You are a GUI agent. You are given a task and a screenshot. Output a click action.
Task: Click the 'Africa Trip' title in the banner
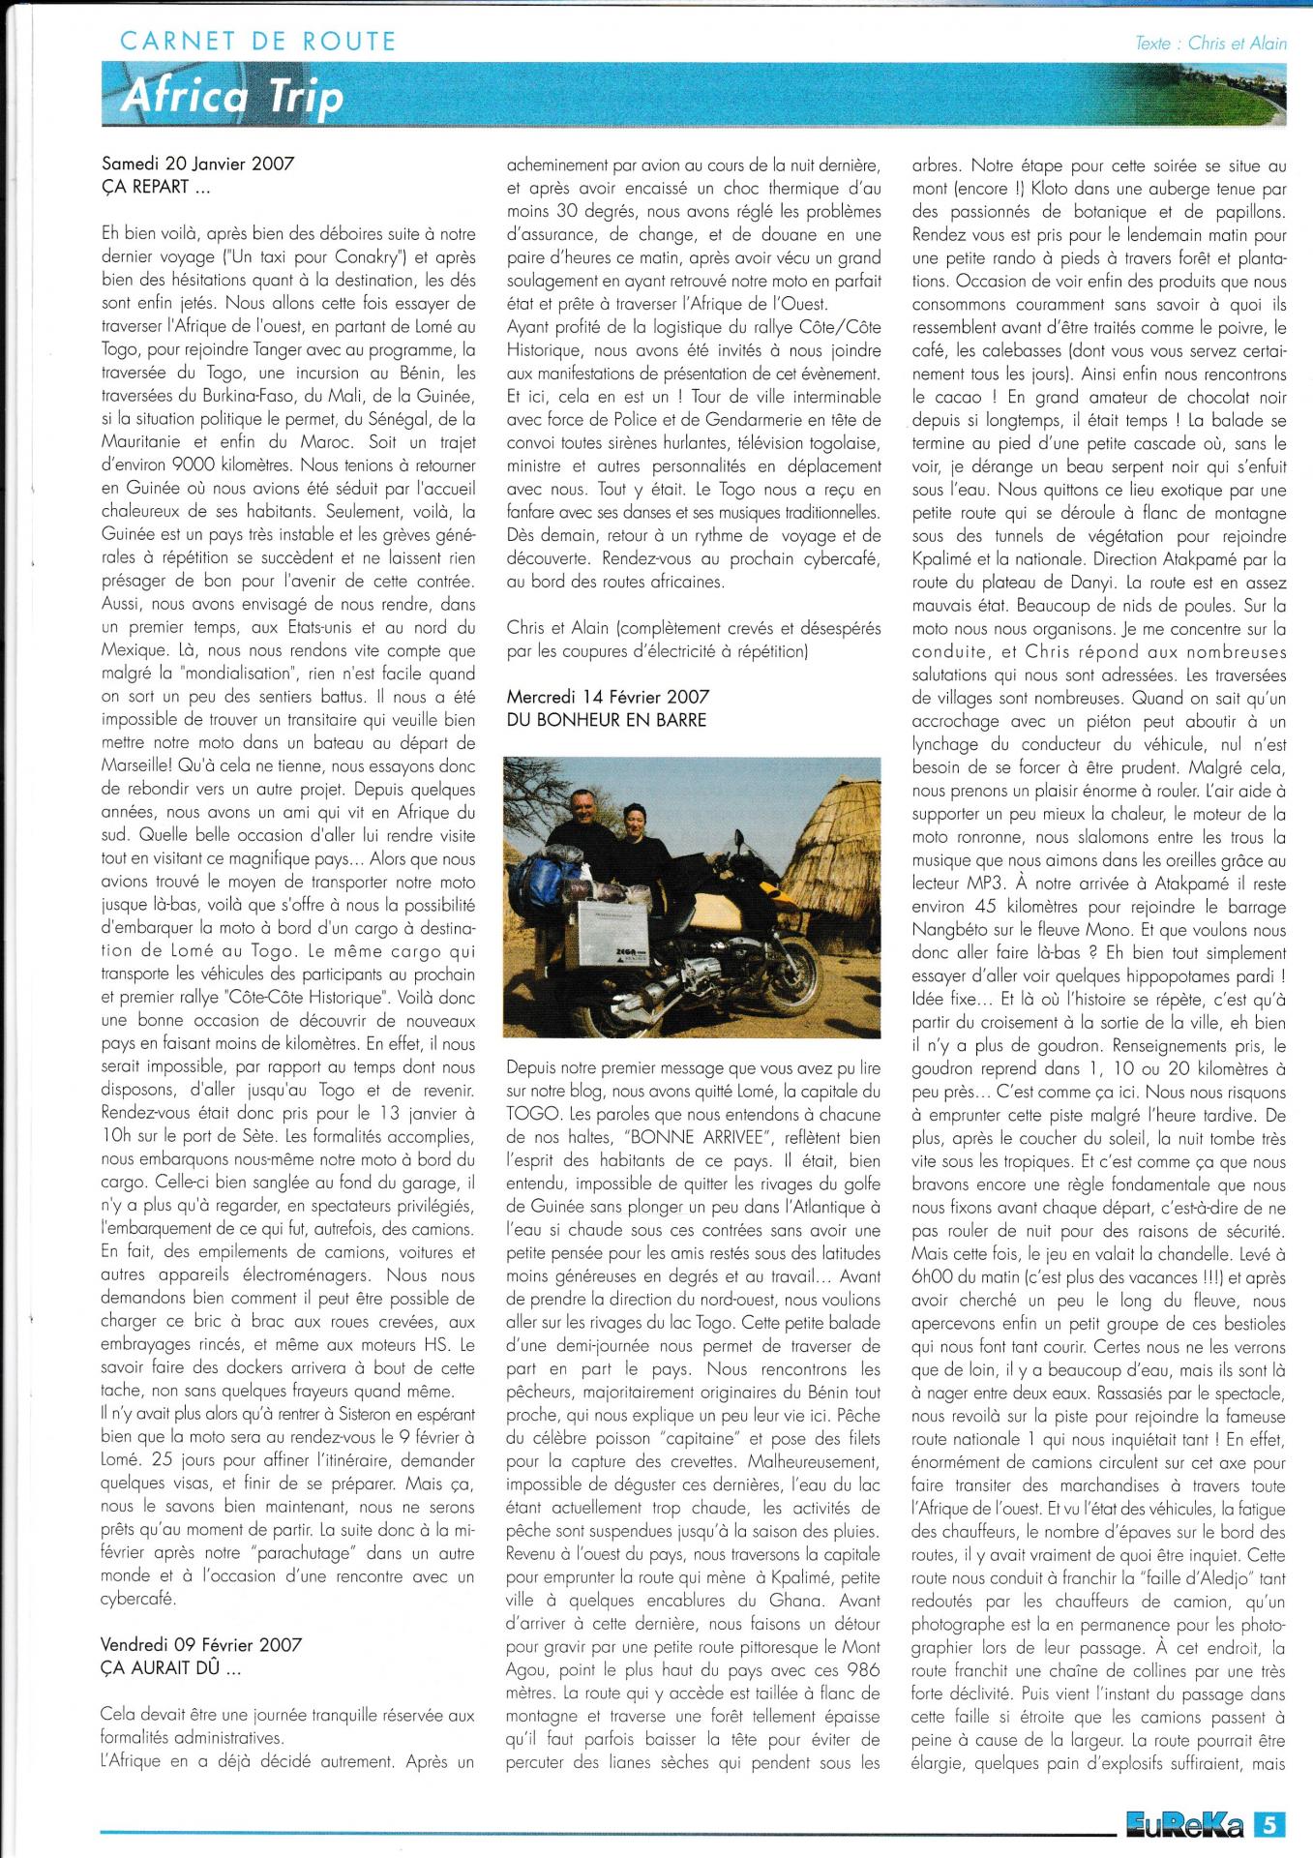pos(231,99)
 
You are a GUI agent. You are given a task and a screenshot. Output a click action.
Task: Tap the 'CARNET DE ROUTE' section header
pos(257,42)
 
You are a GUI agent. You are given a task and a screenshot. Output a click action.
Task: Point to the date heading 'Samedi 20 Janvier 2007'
pos(197,164)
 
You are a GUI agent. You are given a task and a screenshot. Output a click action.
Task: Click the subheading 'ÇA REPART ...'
pos(145,187)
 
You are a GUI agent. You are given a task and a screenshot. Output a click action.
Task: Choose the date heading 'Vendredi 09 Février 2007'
pos(201,1645)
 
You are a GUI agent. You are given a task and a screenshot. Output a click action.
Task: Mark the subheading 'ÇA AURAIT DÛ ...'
pos(159,1668)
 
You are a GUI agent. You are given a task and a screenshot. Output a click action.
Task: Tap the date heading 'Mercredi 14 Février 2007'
pos(608,697)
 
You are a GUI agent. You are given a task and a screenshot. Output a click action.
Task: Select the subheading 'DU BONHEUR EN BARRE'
pos(607,720)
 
